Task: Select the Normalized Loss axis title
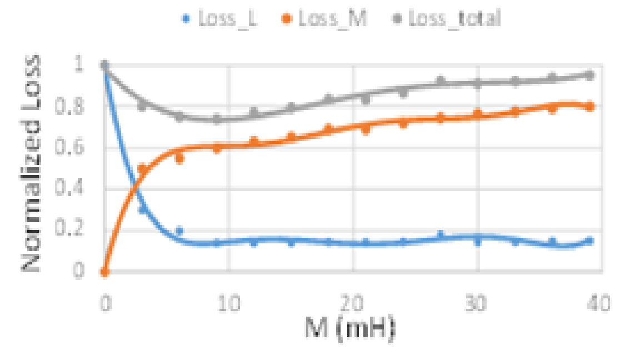coord(32,164)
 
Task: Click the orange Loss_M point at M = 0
coord(104,272)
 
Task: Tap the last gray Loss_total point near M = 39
coord(590,76)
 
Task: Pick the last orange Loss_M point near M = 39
coord(590,107)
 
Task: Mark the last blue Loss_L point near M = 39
coord(590,241)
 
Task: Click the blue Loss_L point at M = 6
coord(179,231)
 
